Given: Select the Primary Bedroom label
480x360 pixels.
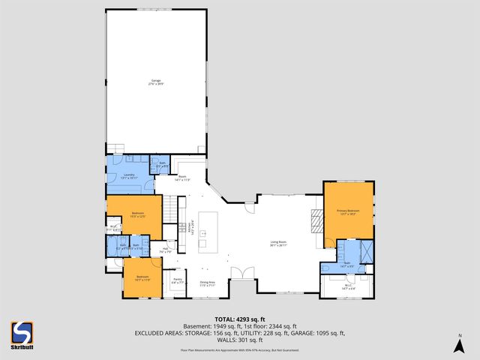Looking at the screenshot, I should (347, 212).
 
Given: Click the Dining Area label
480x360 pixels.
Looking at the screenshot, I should (207, 283).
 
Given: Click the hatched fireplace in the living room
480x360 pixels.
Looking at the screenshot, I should (316, 220).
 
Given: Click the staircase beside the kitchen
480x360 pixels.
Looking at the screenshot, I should (172, 209).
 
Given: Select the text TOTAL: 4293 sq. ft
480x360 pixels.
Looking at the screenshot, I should (240, 319).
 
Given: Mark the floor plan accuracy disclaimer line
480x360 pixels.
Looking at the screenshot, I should (240, 349).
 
